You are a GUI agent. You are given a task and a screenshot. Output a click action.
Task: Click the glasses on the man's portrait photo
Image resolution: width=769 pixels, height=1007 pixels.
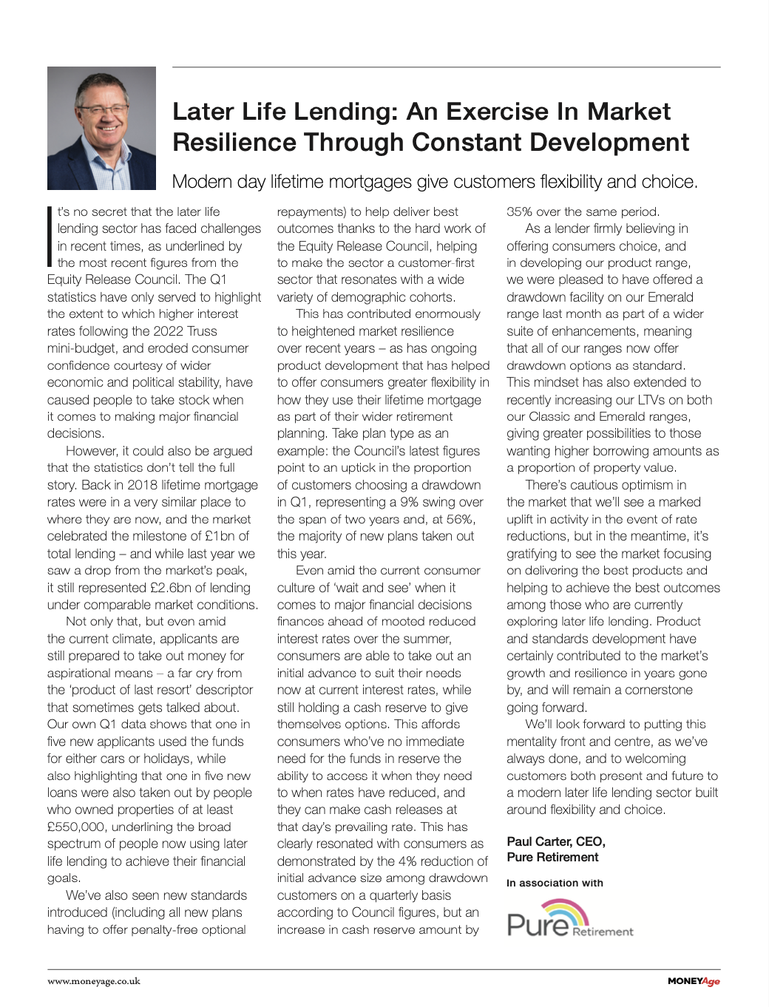(x=104, y=111)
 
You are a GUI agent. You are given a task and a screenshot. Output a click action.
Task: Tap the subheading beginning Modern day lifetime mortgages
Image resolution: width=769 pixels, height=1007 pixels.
(x=435, y=182)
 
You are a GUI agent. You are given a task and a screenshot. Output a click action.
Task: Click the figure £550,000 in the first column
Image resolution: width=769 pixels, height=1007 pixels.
(x=76, y=827)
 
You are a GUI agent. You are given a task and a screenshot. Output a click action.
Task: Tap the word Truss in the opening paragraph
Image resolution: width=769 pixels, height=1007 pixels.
(x=202, y=331)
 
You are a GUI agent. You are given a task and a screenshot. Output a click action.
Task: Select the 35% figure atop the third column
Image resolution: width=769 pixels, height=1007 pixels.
(x=520, y=212)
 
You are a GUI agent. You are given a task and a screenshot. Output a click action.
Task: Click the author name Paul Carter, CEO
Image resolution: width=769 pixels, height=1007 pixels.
(x=556, y=841)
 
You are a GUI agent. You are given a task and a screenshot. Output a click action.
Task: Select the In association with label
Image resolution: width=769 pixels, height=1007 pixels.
(x=555, y=883)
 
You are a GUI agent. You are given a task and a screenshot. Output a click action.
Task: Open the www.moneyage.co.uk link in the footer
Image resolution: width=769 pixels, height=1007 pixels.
(x=94, y=981)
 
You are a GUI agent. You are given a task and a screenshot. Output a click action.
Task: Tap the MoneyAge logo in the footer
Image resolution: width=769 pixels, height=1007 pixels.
(x=693, y=981)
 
